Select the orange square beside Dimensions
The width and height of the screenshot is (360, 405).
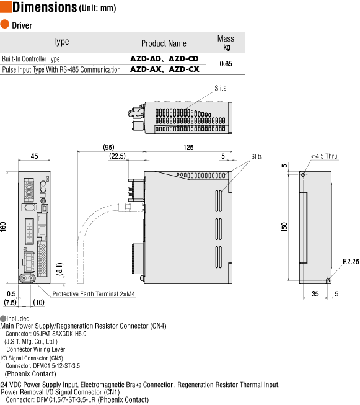click(5, 7)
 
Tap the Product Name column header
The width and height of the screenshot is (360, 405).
click(164, 43)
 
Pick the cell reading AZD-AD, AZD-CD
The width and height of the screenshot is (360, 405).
click(164, 58)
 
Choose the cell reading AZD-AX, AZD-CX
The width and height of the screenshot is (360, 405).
click(164, 69)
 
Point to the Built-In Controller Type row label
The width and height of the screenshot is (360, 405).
click(31, 59)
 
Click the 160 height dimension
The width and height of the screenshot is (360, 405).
click(5, 227)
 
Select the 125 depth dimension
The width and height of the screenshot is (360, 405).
click(188, 147)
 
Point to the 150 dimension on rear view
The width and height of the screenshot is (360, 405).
click(284, 226)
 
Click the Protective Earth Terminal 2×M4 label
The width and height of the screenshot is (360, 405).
click(94, 293)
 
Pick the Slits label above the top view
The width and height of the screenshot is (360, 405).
click(221, 88)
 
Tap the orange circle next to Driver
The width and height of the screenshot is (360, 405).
click(5, 25)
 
